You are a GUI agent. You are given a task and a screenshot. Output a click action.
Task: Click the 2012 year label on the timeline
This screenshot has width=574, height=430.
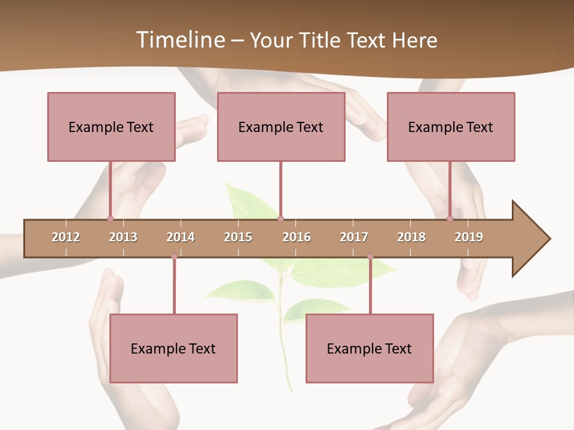coord(66,237)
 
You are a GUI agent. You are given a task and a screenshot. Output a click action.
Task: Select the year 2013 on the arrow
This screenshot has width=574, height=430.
coord(123,237)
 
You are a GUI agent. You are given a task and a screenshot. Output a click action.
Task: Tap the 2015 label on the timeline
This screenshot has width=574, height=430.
coord(238,237)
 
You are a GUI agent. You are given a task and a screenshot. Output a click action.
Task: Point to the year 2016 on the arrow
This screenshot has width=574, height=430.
coord(297,237)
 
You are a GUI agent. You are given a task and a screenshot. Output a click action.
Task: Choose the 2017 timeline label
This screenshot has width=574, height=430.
coord(354,237)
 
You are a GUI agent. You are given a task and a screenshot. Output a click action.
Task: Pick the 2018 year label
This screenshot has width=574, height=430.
coord(411,237)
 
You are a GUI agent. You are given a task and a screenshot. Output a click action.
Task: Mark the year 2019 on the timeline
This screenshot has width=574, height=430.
coord(469,237)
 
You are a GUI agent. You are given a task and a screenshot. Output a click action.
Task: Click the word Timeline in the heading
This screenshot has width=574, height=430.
coord(179,40)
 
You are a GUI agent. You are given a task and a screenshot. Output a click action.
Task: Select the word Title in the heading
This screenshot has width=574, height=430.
coord(322,40)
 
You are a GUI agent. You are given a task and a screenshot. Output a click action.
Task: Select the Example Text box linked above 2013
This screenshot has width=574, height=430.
coord(111,127)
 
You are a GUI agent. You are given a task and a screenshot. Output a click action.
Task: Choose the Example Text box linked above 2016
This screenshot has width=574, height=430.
coord(281,127)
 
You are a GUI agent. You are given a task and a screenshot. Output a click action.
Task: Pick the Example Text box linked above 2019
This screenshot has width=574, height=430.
coord(451,127)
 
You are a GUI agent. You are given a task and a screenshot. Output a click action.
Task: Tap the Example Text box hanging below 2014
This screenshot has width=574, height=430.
coord(173,348)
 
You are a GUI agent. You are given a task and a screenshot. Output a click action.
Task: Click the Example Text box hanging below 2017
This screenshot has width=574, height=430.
coord(370,348)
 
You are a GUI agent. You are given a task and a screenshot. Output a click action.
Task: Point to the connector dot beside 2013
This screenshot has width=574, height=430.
coord(110,219)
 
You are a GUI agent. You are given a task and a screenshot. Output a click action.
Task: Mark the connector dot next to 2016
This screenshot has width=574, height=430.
coord(280,219)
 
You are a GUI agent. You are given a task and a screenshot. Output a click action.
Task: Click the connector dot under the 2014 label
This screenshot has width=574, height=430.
coord(174,257)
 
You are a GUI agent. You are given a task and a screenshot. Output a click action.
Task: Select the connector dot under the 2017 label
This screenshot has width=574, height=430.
coord(370,257)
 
